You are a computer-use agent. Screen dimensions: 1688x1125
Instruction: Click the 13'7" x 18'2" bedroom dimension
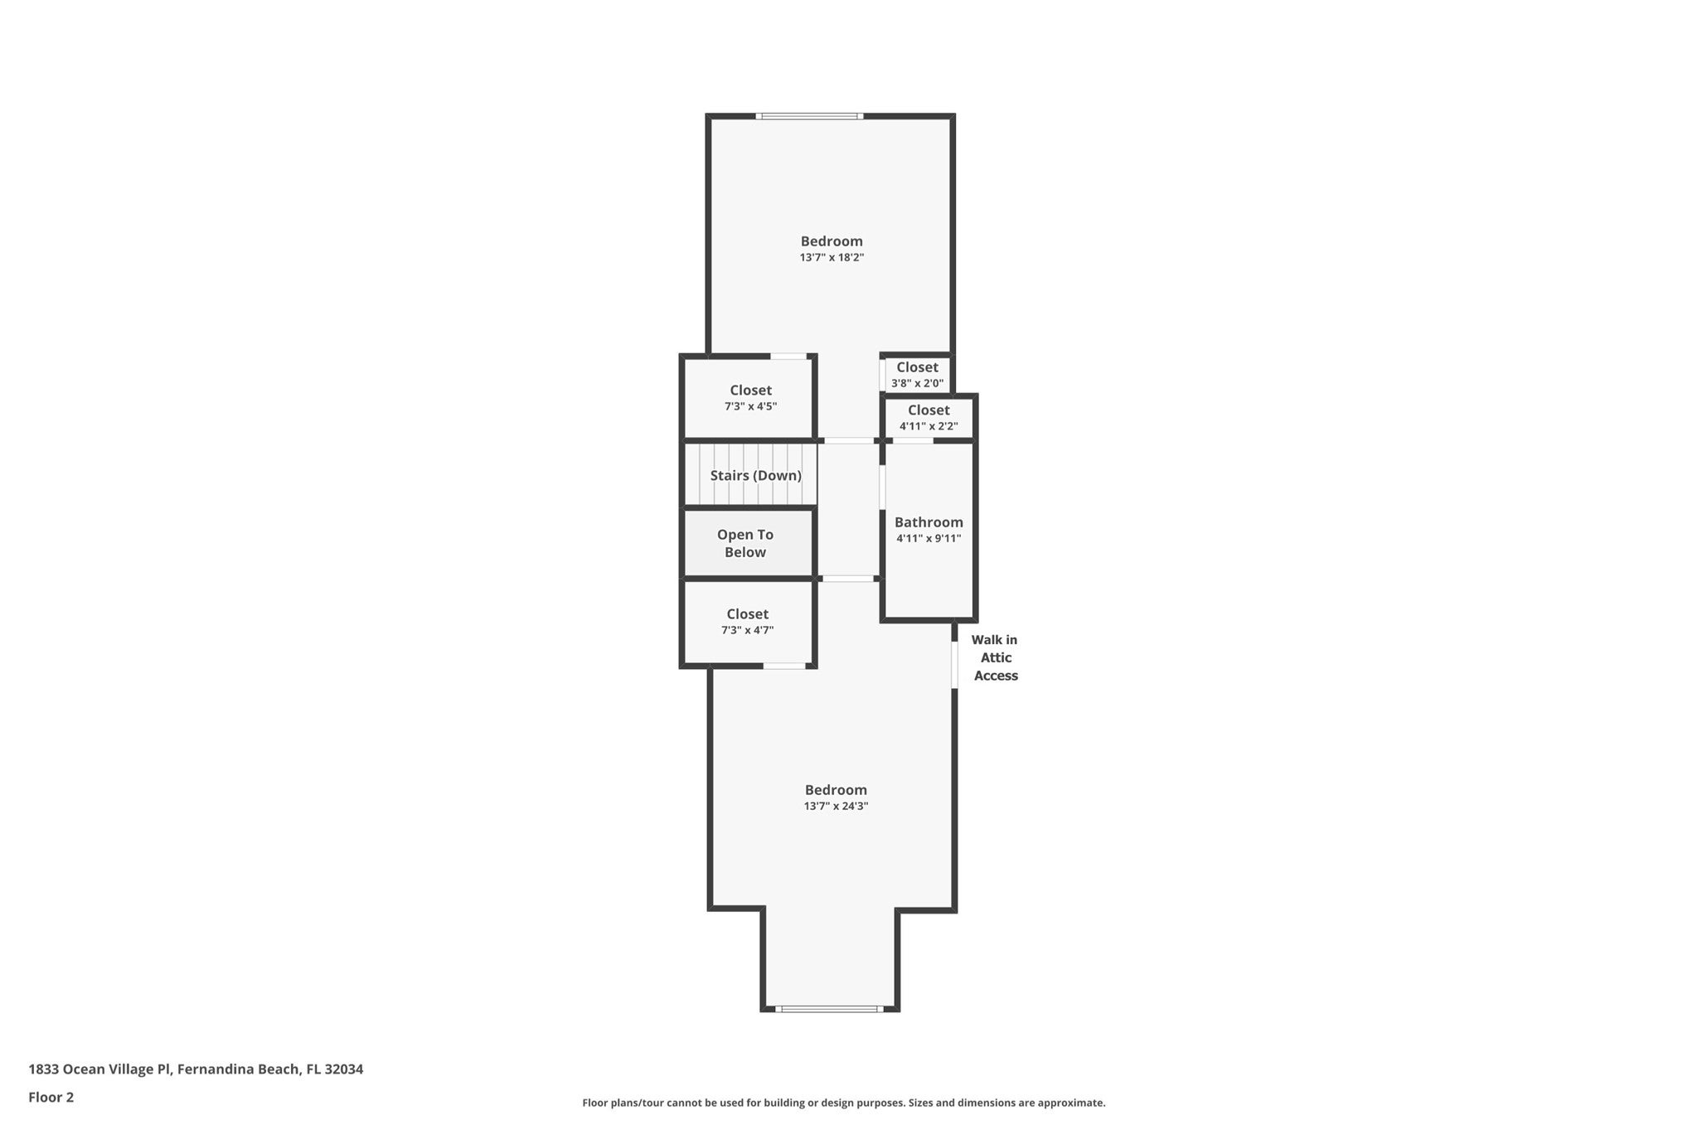[832, 258]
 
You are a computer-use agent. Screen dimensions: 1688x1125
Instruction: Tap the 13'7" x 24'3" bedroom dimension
[836, 807]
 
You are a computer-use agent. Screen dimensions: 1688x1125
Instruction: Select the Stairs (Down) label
[755, 476]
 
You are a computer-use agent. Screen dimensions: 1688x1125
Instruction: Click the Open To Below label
[745, 544]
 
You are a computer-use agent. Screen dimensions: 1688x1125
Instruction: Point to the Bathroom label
[929, 522]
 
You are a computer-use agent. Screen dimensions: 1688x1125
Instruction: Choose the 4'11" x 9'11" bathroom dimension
[929, 539]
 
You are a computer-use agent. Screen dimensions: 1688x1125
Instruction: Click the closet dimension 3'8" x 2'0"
[917, 384]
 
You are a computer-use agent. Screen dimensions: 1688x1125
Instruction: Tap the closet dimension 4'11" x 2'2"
[929, 427]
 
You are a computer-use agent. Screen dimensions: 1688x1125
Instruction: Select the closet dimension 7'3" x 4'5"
[750, 407]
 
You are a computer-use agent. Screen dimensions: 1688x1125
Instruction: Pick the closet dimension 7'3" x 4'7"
[747, 631]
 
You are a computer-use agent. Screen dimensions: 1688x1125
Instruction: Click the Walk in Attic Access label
[995, 658]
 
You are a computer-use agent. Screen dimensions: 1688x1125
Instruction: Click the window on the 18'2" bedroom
[809, 116]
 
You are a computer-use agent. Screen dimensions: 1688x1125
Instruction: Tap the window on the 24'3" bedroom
[830, 1009]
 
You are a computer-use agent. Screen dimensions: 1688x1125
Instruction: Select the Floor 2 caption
[51, 1098]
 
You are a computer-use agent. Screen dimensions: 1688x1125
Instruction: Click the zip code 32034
[343, 1069]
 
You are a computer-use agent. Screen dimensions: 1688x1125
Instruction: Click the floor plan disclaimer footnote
[843, 1103]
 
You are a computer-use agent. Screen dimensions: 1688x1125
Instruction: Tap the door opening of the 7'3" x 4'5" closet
[788, 356]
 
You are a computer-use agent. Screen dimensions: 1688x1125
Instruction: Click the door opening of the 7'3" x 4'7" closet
[784, 666]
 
